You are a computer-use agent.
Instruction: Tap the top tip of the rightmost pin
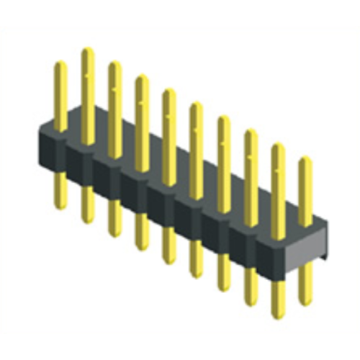click(x=305, y=159)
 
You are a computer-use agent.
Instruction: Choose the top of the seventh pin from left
click(x=223, y=118)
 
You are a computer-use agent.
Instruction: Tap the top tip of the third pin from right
click(x=251, y=132)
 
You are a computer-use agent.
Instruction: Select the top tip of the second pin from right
click(x=278, y=146)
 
